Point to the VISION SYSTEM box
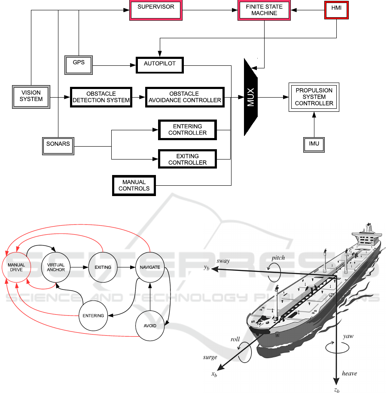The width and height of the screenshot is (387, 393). point(31,96)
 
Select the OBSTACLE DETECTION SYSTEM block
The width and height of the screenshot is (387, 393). point(101,97)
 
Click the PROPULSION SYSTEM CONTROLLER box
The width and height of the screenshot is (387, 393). point(314,97)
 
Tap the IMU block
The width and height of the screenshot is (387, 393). point(314,144)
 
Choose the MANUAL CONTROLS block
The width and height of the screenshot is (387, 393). point(134,185)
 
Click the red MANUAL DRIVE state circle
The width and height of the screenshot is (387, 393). point(16,267)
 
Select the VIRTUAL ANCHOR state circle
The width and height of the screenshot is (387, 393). point(56,267)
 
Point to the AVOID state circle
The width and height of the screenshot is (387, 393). point(150,325)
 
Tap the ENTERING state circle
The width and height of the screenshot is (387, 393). point(93,316)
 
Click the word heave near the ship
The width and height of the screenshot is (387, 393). point(349,374)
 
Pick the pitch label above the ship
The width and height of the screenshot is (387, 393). point(278,258)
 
